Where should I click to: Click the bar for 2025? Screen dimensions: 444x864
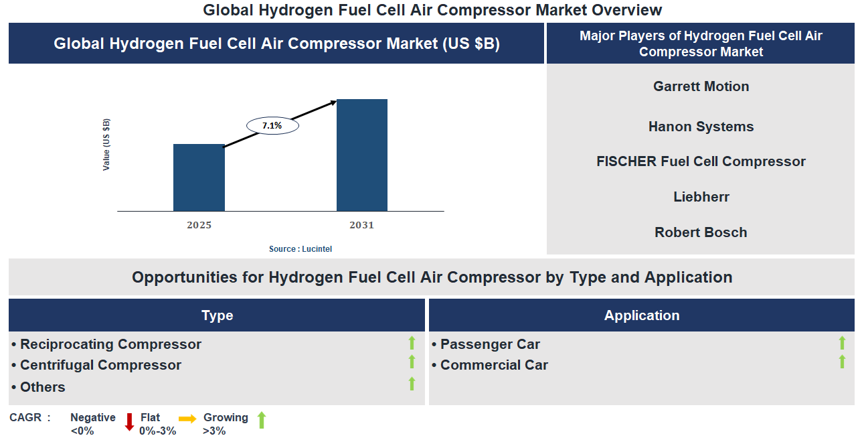point(199,177)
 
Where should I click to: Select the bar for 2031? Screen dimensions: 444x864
point(361,155)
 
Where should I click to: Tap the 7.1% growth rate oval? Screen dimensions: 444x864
point(272,125)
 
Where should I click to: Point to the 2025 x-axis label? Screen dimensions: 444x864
point(199,225)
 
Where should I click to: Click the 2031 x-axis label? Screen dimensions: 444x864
point(361,225)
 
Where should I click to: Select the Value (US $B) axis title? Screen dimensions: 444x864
point(106,145)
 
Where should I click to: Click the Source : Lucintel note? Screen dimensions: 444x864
point(300,248)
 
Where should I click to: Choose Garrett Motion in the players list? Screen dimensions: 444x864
point(701,86)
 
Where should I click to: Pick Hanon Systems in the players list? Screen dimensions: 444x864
point(701,127)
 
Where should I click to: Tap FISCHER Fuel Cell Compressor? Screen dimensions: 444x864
point(701,161)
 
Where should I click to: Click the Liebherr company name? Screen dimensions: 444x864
point(701,197)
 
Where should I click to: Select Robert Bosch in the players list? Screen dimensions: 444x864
point(701,232)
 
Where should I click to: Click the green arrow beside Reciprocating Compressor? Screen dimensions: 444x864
point(412,344)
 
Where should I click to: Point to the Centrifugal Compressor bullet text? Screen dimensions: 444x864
point(100,365)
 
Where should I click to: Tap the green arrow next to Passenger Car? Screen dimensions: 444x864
point(842,344)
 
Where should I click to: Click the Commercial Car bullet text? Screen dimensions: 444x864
point(494,365)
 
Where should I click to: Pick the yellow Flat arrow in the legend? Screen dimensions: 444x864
point(187,419)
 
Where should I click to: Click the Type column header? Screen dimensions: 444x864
point(217,315)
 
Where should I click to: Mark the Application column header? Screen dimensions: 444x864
point(641,315)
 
